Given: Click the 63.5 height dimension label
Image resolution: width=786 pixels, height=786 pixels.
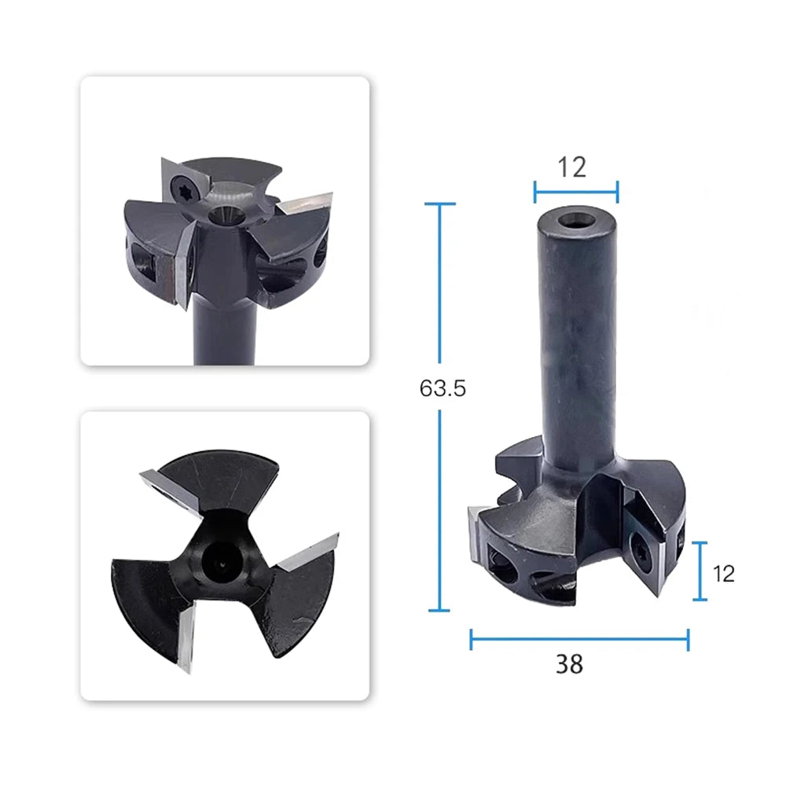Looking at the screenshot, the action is coord(443,388).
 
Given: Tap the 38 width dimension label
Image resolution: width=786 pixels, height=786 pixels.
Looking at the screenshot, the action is coord(569,664).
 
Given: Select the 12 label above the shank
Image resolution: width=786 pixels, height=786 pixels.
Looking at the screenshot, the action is coord(572,167).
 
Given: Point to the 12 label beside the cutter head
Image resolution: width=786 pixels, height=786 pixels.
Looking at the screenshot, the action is coord(723,574).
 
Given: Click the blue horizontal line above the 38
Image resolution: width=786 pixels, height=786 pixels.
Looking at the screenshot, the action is coord(580,639).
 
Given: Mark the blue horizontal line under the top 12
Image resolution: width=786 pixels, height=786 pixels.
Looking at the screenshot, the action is coord(576,192).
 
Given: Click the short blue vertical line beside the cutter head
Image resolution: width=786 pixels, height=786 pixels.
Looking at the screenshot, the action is coord(700,571).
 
